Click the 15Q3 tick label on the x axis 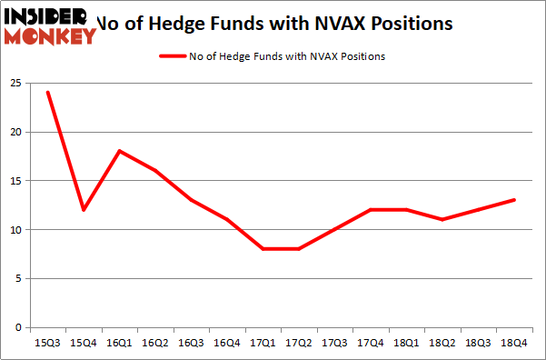(x=47, y=343)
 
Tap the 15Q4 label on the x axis (x=84, y=343)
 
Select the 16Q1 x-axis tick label (x=119, y=343)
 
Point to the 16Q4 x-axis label (x=226, y=343)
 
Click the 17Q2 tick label (x=298, y=343)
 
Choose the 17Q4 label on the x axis (x=370, y=343)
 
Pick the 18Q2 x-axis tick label (x=442, y=343)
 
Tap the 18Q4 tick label (x=513, y=343)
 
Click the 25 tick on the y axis (x=15, y=83)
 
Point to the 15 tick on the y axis (x=15, y=181)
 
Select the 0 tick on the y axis (x=18, y=327)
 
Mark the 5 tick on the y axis (x=18, y=279)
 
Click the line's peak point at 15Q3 (x=47, y=93)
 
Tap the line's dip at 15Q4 (x=84, y=210)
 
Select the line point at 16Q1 (x=119, y=151)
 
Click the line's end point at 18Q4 (x=513, y=200)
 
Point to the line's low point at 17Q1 (x=263, y=249)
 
